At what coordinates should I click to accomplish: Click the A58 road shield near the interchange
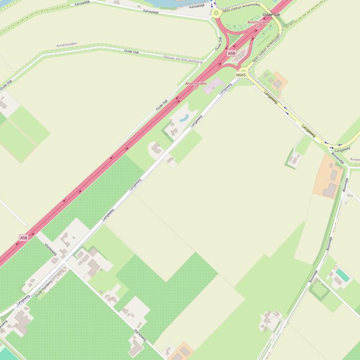point(231,53)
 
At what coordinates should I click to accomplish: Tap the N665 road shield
point(241,75)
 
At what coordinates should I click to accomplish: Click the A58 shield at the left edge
point(23,238)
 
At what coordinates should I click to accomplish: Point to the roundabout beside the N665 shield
point(243,70)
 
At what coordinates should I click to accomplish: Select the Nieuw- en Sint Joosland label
point(183,59)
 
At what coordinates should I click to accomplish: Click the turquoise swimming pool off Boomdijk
point(343,275)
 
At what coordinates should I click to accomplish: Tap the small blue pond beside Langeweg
point(184,117)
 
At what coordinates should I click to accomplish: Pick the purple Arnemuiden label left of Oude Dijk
point(66,45)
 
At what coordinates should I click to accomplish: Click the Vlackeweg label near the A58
point(50,248)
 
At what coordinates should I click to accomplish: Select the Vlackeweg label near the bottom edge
point(140,335)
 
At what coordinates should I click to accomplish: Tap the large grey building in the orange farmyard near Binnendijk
point(330,189)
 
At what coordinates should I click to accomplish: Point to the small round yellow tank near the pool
point(336,268)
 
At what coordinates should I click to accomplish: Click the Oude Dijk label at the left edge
point(6,85)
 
